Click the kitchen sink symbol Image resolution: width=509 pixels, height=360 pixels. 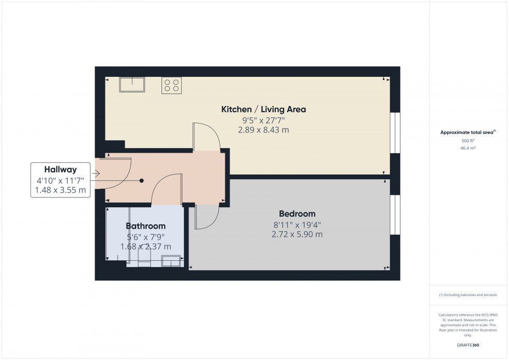click(x=132, y=84)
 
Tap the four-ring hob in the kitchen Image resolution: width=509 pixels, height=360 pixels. click(x=172, y=85)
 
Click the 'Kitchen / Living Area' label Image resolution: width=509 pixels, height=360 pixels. click(x=263, y=109)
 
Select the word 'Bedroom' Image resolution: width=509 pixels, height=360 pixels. click(x=297, y=214)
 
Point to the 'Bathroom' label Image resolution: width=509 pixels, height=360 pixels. click(x=145, y=226)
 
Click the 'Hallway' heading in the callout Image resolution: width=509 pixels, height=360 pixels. click(x=60, y=169)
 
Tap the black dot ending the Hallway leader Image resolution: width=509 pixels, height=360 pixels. click(x=141, y=181)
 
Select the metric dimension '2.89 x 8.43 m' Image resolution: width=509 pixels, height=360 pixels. click(x=263, y=130)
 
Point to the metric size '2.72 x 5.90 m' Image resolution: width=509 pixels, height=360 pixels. click(x=297, y=234)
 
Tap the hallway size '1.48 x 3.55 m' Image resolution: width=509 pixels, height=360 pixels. click(x=60, y=191)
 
